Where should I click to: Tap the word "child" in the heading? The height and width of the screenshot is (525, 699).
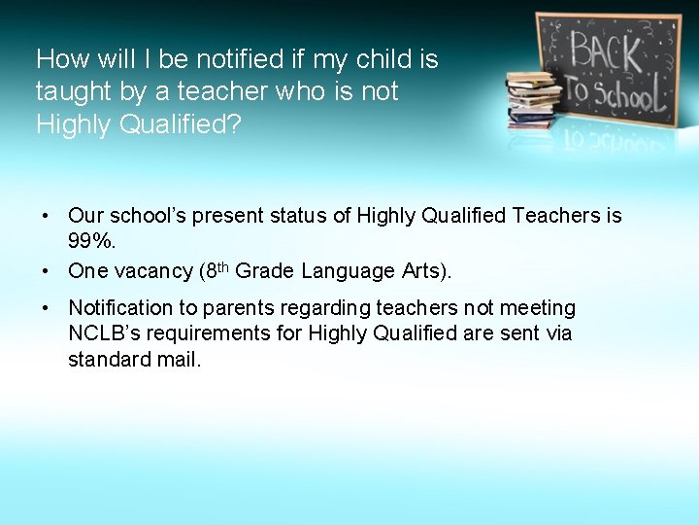pos(382,59)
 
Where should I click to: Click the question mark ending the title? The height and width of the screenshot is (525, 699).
pos(234,124)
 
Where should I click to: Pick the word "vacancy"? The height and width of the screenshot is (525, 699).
pos(150,271)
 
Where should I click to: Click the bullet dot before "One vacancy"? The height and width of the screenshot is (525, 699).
pos(46,271)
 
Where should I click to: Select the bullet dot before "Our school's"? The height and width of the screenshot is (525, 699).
pos(46,216)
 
